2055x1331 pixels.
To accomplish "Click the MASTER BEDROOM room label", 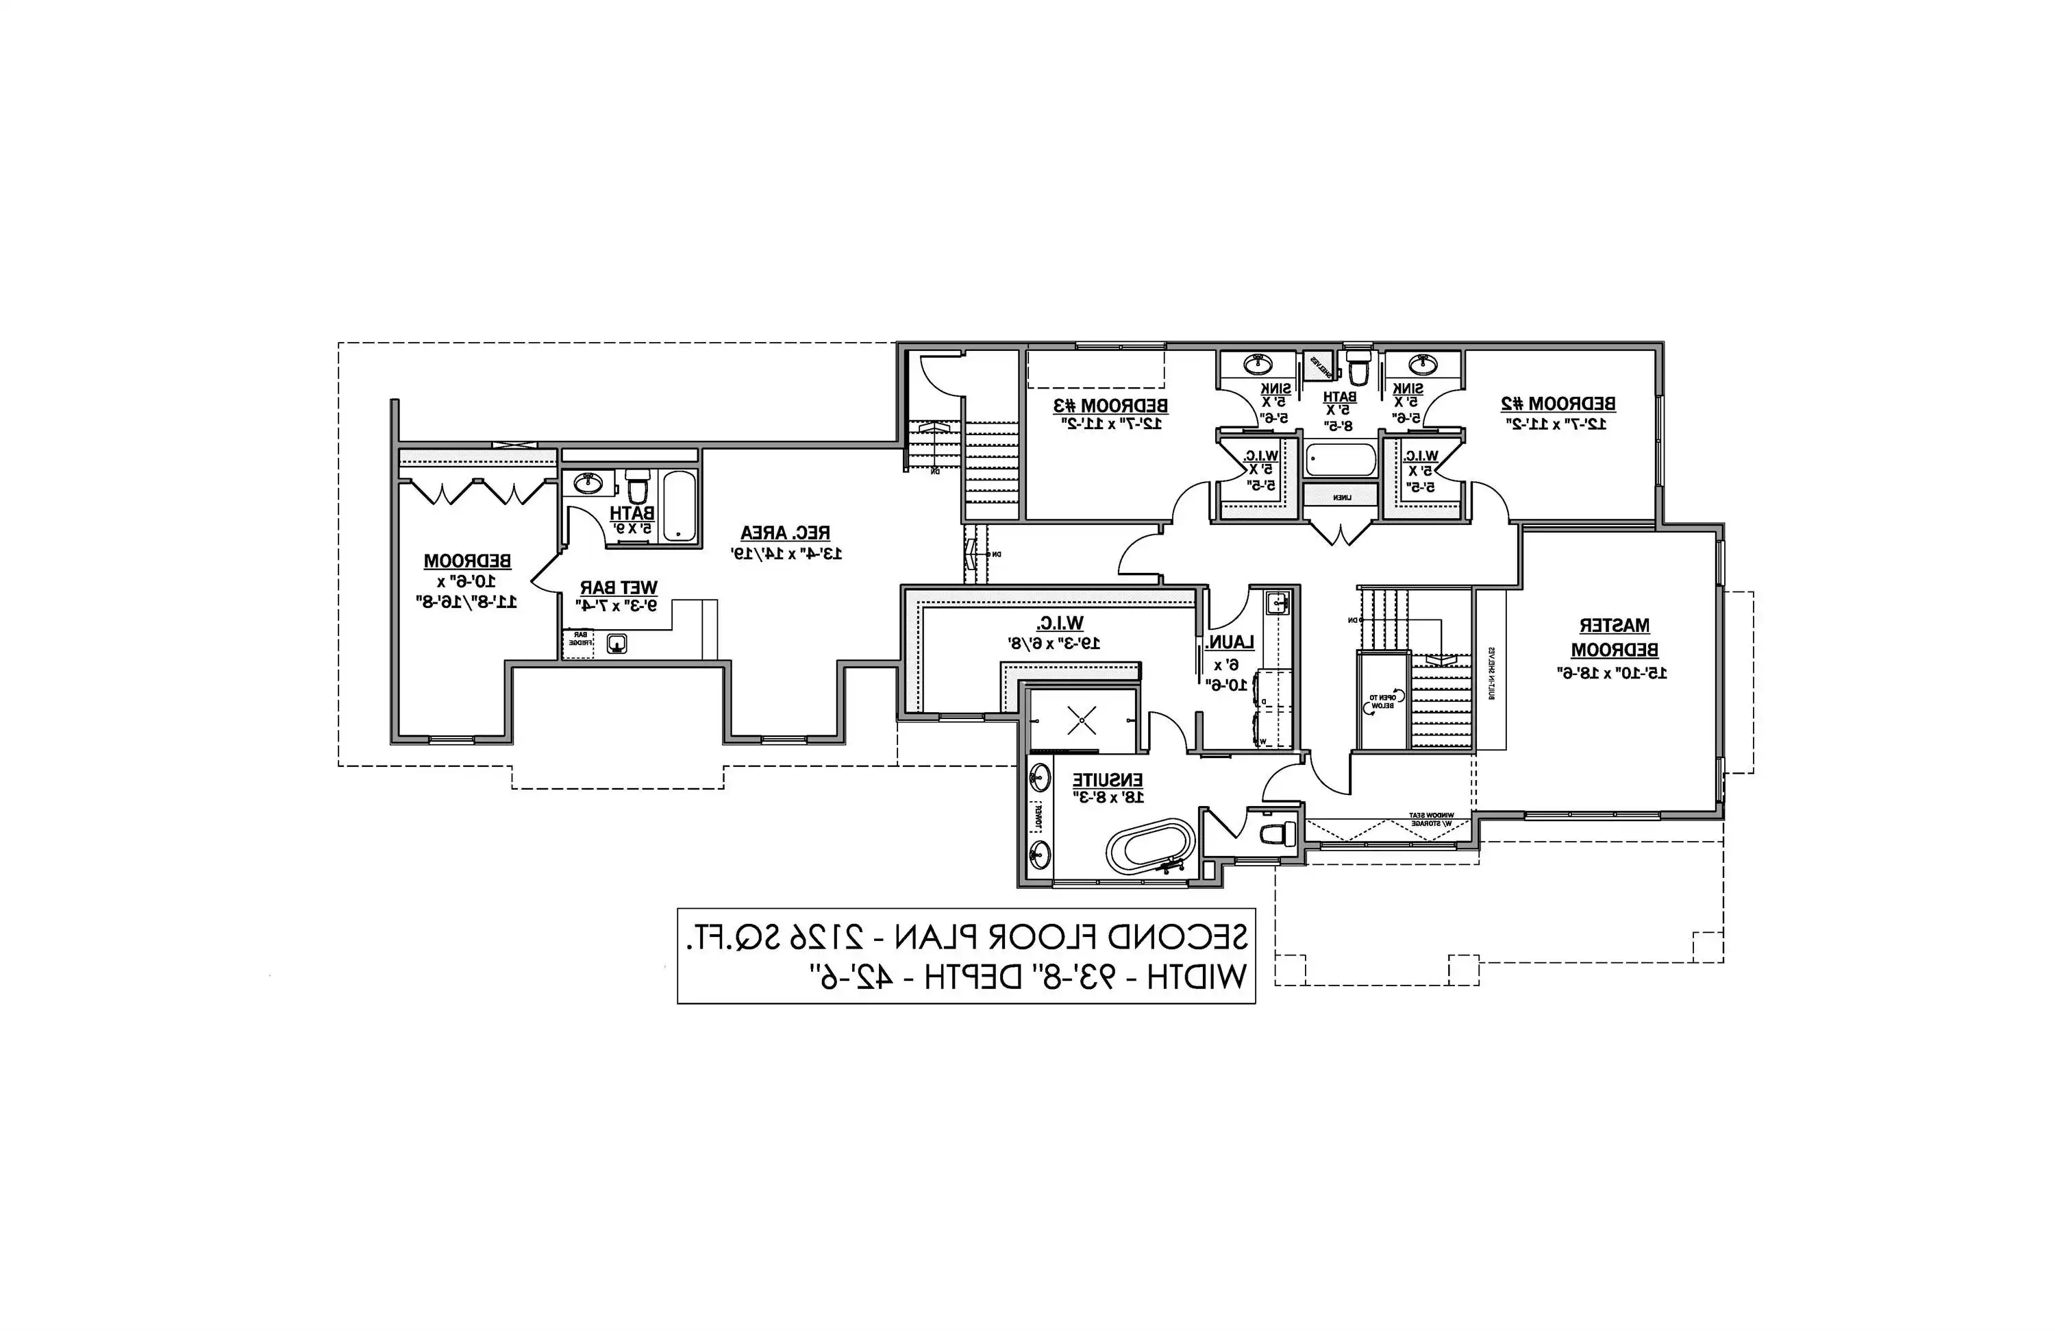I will coord(1614,637).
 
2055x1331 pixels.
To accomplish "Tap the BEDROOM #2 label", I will coord(1558,404).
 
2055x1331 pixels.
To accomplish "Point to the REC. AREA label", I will coord(785,533).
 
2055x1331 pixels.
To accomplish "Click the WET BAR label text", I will coord(619,588).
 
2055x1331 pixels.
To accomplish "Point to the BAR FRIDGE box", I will coord(579,639).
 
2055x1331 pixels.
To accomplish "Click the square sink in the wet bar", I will coord(617,644).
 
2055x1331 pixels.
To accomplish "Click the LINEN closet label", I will coord(1341,498).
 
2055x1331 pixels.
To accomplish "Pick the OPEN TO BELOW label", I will coord(1379,701).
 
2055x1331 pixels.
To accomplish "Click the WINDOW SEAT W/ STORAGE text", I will coord(1431,820).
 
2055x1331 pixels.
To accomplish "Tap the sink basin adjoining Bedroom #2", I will coord(1422,365).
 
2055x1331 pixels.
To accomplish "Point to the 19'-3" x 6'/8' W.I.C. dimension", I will coord(1054,643).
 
